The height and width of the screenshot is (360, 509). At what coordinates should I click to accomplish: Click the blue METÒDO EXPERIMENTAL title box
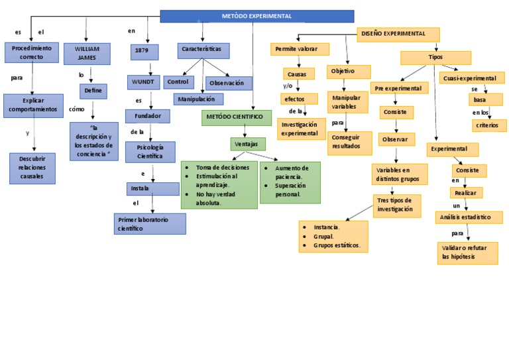[257, 16]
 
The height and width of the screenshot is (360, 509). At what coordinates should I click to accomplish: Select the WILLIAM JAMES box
[87, 54]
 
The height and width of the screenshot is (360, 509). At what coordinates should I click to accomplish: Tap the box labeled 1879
[144, 51]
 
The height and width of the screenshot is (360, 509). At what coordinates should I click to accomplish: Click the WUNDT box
[143, 82]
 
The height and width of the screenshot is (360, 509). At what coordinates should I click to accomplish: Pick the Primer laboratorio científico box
[149, 223]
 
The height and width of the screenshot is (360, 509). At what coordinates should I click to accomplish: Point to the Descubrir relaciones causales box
[32, 168]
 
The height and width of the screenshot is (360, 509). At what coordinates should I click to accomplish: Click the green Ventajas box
[248, 144]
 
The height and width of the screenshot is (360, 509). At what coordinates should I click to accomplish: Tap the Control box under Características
[178, 82]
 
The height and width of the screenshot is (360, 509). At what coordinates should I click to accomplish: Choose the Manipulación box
[198, 99]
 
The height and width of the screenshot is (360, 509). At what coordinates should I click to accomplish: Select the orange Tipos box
[435, 58]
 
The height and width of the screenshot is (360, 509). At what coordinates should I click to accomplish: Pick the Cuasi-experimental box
[469, 78]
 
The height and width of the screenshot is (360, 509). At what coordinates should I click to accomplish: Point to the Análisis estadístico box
[468, 217]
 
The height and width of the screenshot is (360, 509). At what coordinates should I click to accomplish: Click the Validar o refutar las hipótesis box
[467, 253]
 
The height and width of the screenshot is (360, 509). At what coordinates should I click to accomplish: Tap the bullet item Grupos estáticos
[337, 245]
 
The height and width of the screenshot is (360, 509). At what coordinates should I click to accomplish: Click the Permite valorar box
[298, 49]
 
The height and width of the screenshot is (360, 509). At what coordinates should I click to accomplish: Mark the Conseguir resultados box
[349, 142]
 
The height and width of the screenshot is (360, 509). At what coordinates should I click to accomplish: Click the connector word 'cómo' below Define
[77, 109]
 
